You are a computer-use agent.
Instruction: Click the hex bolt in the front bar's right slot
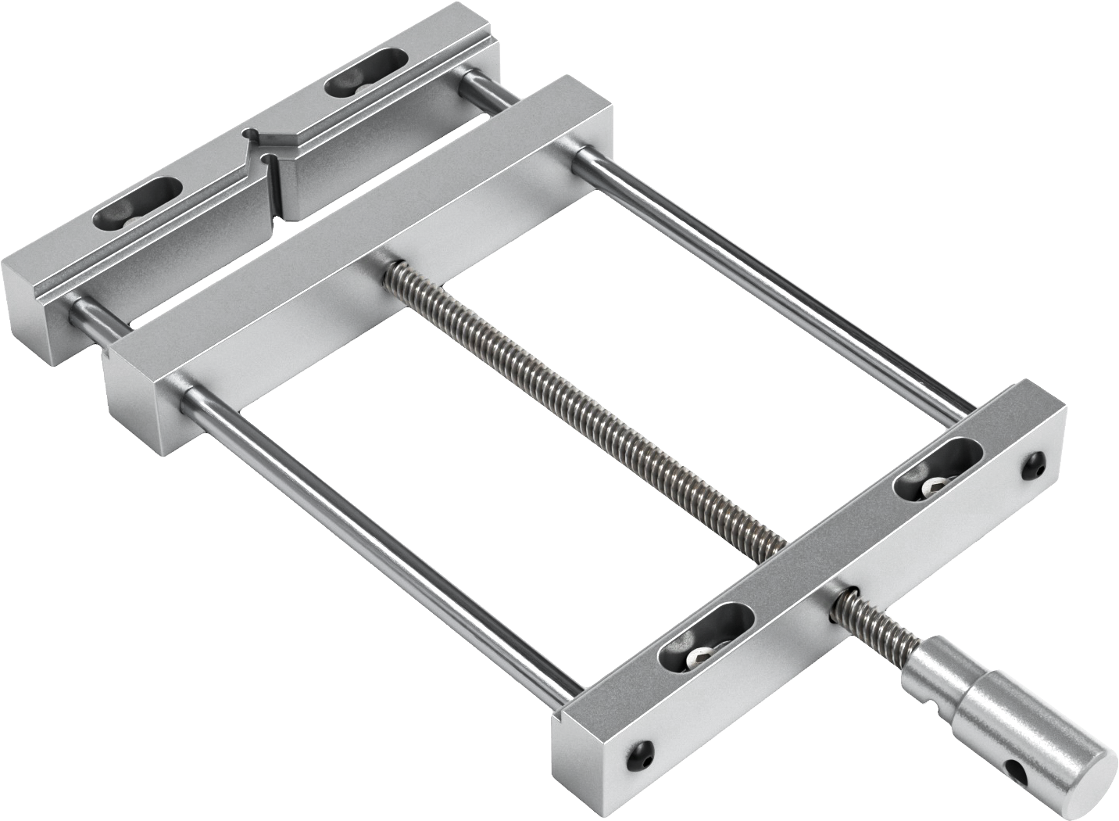(x=932, y=489)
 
